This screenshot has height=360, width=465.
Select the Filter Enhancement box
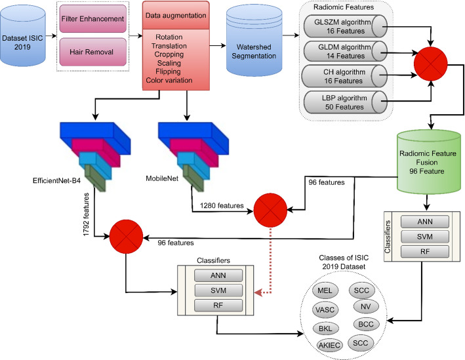(93, 18)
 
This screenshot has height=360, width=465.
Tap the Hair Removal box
(93, 52)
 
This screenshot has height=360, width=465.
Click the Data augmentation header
(176, 15)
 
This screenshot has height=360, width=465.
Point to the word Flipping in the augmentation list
(168, 71)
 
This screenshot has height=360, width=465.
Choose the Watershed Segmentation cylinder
(254, 41)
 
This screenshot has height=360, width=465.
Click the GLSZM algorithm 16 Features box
(346, 26)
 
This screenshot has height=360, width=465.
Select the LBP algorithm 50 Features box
(346, 102)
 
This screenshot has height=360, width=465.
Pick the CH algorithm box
(344, 76)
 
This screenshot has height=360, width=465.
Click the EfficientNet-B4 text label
(56, 180)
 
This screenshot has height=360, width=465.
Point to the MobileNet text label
(162, 178)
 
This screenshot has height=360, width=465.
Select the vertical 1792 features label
(86, 214)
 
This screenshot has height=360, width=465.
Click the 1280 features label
(222, 205)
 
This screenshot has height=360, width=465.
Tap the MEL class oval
(325, 290)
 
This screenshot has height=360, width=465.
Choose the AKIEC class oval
(329, 345)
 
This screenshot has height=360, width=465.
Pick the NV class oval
(366, 306)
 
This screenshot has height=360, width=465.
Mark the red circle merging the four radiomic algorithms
(431, 64)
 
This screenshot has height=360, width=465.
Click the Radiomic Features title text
(344, 7)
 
